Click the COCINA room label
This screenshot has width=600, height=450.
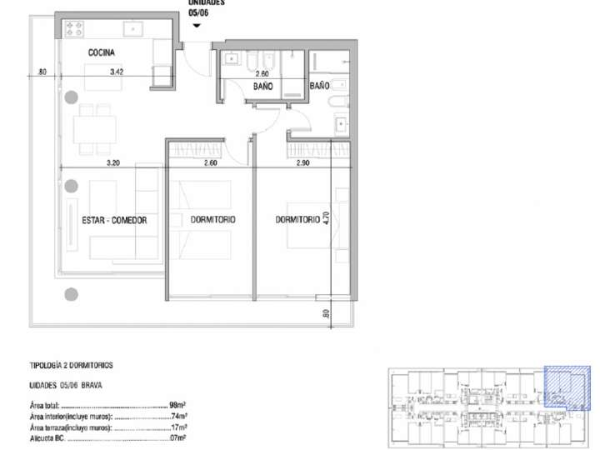[x=103, y=52]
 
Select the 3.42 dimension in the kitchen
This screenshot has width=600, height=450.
[x=117, y=72]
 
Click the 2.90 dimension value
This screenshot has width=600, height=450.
[x=303, y=163]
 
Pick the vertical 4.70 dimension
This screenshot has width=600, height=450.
[x=327, y=219]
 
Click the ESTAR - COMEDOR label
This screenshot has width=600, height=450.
[x=114, y=221]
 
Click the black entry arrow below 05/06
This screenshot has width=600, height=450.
[x=196, y=25]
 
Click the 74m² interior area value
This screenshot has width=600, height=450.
[x=177, y=415]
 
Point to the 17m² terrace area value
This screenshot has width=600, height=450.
[x=177, y=426]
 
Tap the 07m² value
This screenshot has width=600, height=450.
[x=177, y=437]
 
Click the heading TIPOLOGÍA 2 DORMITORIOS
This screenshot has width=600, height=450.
[x=71, y=366]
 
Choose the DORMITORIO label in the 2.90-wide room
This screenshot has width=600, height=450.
[x=298, y=220]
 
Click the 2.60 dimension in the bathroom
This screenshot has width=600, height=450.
[x=262, y=73]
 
